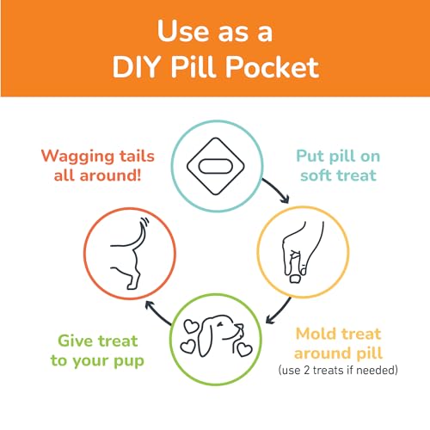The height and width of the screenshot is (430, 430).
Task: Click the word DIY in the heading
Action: (136, 67)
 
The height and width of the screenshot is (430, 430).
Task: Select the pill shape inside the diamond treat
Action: (216, 167)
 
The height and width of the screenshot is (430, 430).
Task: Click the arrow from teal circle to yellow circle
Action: (277, 189)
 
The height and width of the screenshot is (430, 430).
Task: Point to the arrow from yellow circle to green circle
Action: (278, 312)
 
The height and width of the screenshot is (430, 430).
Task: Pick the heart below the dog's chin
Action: (244, 349)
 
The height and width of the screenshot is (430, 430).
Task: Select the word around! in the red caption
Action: (110, 175)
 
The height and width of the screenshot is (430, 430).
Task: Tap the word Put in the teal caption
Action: (310, 157)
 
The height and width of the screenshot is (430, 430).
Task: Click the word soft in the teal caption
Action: (314, 175)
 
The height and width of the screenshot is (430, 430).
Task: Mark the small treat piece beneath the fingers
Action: (295, 279)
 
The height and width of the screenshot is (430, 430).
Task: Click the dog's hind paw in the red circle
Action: (132, 286)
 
